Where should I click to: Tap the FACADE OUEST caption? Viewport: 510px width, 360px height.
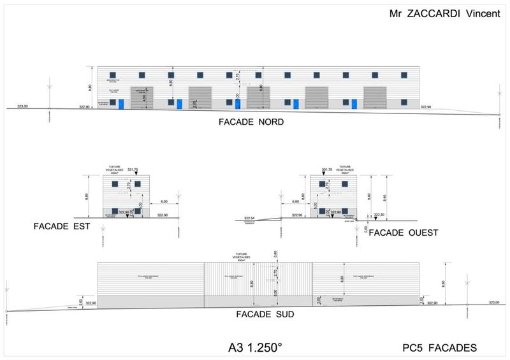point(404,233)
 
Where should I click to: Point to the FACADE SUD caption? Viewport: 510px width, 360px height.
point(264,314)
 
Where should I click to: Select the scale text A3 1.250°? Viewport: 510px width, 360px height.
point(255,348)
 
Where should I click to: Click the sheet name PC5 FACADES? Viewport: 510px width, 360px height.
point(440,347)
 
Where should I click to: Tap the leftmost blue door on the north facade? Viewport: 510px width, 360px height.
point(121,104)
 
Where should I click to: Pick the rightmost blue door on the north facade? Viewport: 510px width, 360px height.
point(354,104)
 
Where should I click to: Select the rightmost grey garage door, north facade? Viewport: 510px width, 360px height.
point(375,97)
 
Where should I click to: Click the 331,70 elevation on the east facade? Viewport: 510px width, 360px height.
point(133,170)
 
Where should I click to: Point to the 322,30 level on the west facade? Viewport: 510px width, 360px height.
point(379,215)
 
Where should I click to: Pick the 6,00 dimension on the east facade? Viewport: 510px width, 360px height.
point(164,201)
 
